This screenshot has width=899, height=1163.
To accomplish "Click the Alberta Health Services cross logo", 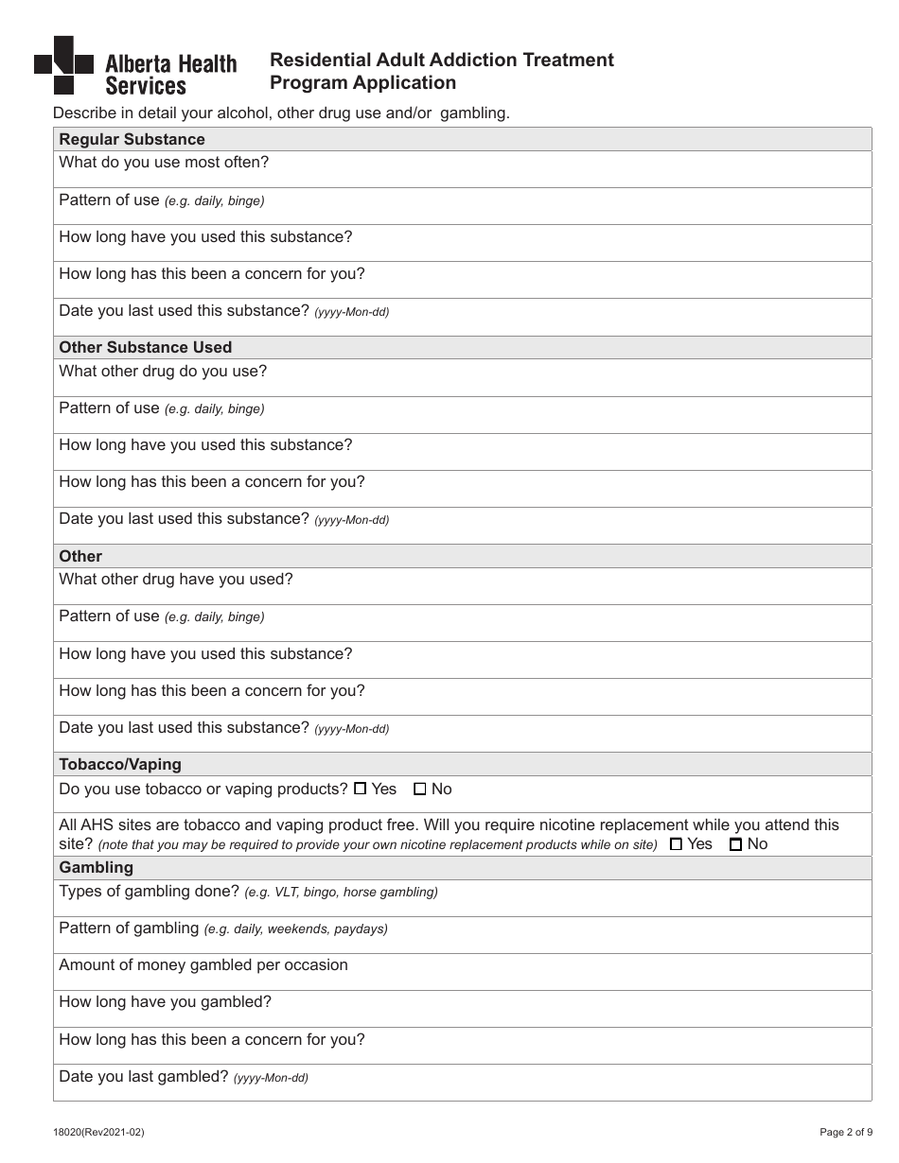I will point(63,64).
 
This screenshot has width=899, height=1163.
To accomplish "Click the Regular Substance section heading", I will point(132,139).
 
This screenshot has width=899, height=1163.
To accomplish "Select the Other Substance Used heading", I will point(145,347).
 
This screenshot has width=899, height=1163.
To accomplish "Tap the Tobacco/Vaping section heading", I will point(120,764).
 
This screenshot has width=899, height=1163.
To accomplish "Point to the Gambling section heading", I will point(96,867).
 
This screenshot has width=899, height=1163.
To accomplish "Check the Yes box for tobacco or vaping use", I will point(360,789).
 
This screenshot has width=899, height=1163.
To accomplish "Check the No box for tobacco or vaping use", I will point(420,789).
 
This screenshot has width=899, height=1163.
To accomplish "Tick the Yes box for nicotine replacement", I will point(676,844).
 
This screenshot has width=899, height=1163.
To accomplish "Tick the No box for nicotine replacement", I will point(735,844).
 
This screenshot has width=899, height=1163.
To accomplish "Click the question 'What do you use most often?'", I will point(164,163).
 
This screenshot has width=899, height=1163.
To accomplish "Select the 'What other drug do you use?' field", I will point(163,371).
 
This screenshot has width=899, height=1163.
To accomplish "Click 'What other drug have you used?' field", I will point(176,579).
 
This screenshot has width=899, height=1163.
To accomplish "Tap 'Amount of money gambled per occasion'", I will point(203,965).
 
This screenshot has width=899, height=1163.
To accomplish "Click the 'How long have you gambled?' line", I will point(165,1002).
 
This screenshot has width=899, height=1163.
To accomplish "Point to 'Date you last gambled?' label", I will point(144,1076).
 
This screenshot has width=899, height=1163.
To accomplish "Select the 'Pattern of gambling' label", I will point(129,929).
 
